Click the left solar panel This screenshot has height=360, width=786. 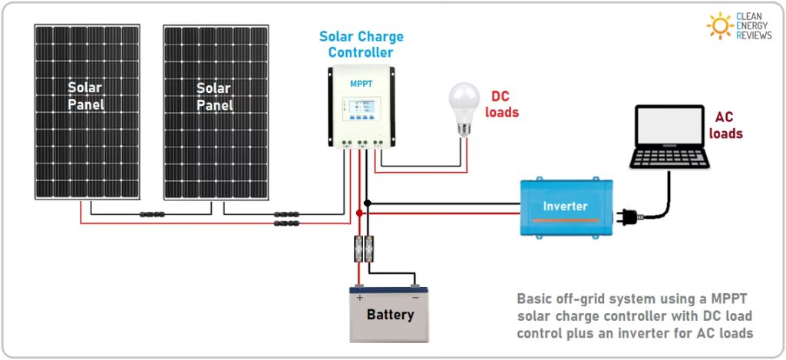[86, 111]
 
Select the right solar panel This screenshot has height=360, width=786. [215, 111]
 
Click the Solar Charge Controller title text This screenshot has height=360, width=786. [361, 45]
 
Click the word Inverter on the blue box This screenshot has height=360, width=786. [565, 206]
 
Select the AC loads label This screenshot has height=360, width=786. [725, 125]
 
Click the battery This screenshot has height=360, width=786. [389, 315]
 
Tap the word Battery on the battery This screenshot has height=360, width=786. [390, 315]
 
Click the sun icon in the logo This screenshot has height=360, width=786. [720, 25]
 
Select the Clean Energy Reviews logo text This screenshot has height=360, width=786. [753, 25]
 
